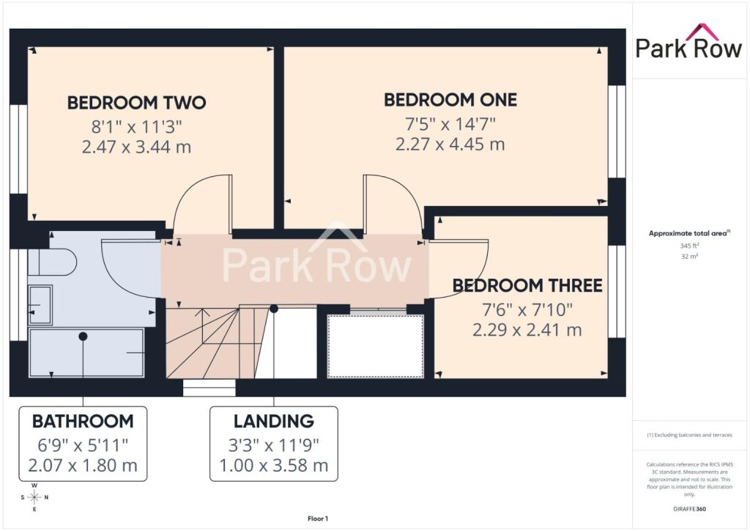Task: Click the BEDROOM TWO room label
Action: [136, 103]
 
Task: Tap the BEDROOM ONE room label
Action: [450, 100]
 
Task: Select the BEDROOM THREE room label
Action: [527, 285]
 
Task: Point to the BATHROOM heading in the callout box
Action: [83, 421]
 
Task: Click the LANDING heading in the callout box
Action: [274, 421]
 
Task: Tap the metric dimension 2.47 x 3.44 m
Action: [136, 147]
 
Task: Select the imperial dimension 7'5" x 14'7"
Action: [450, 124]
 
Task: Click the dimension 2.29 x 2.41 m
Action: [527, 330]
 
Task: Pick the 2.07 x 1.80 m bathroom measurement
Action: [83, 466]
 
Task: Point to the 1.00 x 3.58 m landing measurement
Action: [274, 466]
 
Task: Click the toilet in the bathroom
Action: [52, 262]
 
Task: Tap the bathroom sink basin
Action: [40, 305]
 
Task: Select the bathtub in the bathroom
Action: [86, 352]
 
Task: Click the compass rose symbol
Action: [34, 497]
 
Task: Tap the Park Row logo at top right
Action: [688, 42]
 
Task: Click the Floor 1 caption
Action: [318, 519]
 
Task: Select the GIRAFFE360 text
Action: [689, 509]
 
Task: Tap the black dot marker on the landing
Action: [274, 309]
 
